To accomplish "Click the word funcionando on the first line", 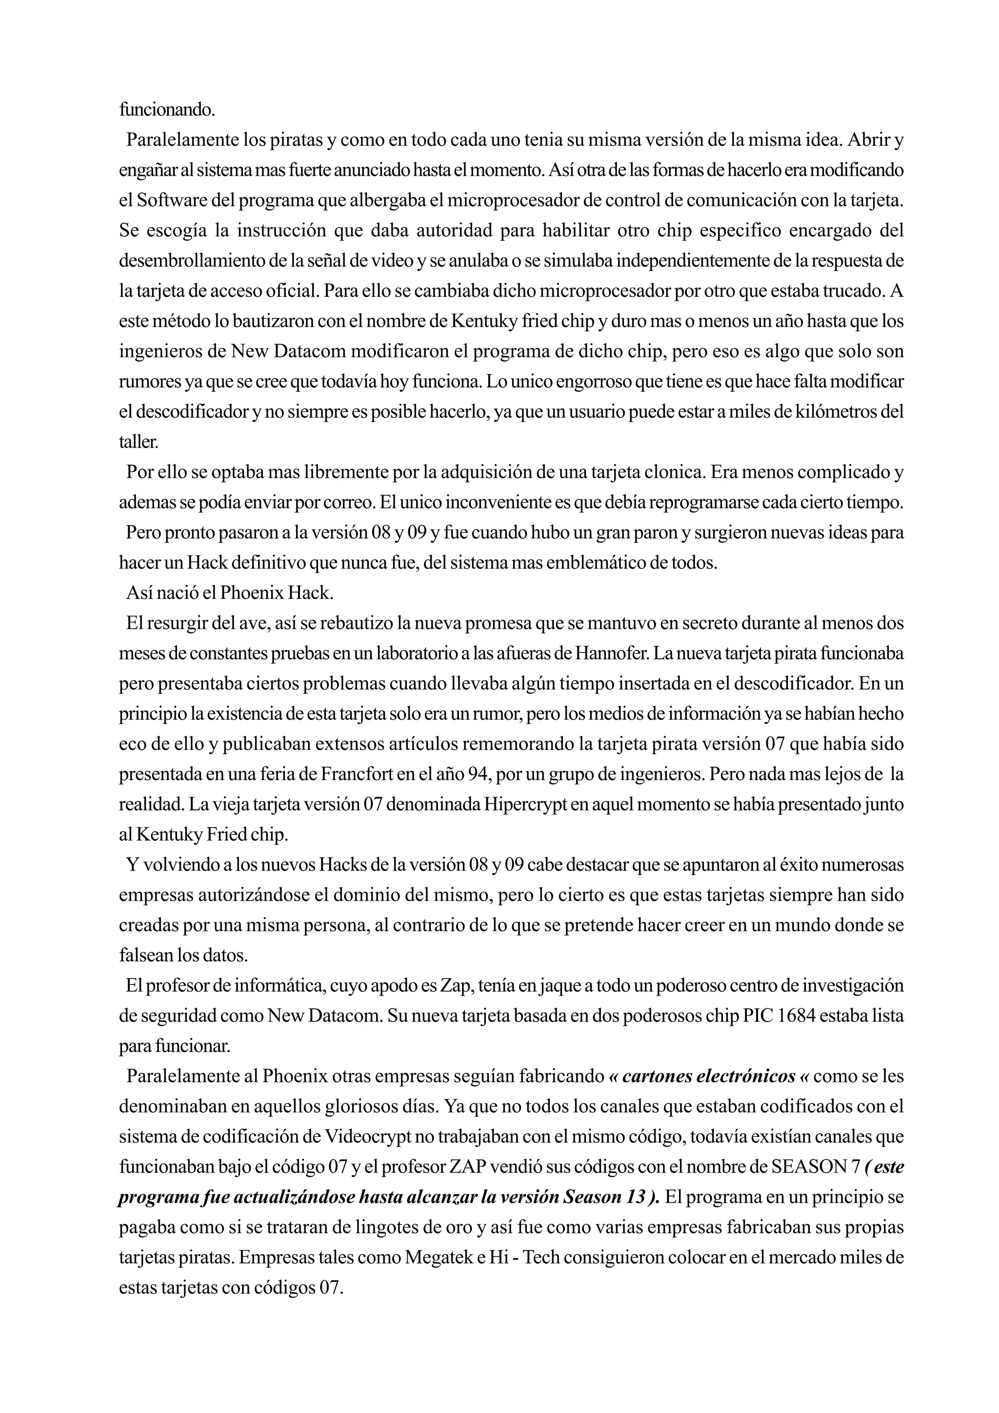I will (x=166, y=110).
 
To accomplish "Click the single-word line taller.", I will (x=139, y=442).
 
